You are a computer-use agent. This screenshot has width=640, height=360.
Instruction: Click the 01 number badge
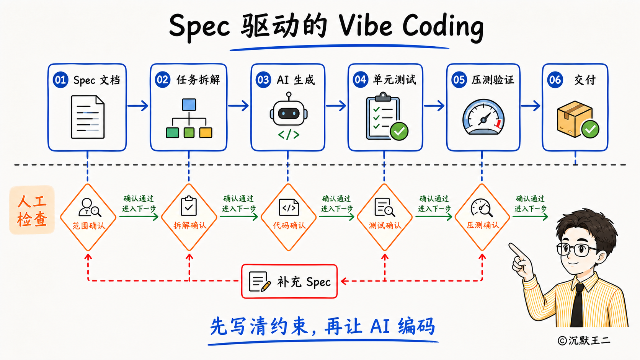point(60,80)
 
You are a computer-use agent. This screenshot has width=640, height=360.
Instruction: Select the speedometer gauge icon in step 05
point(483,117)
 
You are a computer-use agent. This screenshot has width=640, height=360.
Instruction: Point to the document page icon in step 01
point(88,117)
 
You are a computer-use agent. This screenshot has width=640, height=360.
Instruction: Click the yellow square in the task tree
point(206,133)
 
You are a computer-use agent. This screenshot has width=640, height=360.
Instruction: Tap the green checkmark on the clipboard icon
point(399,131)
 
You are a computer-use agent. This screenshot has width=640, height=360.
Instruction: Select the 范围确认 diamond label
point(88,226)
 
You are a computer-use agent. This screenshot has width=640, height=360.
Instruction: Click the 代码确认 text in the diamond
point(289,226)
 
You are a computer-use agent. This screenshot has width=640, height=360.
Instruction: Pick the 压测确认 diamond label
point(483,225)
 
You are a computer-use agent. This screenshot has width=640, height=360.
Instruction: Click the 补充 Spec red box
point(289,282)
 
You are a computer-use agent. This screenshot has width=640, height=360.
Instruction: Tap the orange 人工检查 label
point(32,210)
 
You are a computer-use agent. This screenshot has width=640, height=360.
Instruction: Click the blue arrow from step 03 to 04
point(336,106)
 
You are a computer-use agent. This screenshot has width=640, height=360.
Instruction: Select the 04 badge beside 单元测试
point(360,79)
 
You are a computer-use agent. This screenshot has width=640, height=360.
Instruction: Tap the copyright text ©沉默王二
point(584,340)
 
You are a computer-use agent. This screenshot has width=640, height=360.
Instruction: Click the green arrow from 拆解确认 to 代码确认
point(239,217)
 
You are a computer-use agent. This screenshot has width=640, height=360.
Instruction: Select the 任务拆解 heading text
point(198,80)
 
